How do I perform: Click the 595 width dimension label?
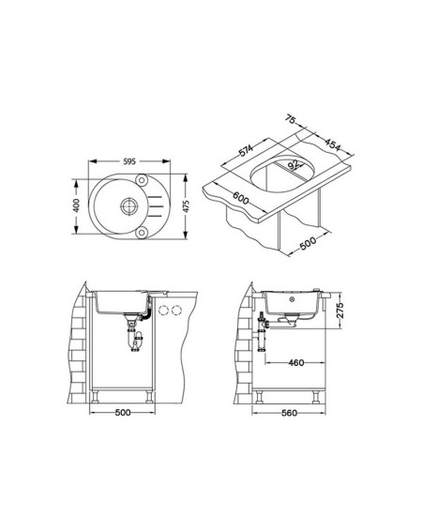click(129, 161)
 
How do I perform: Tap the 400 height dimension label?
click(76, 205)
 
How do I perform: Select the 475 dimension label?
click(186, 206)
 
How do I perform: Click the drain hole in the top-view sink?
click(129, 205)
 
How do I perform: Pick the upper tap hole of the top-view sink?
click(141, 179)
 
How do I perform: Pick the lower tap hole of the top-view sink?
click(141, 233)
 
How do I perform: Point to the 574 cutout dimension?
click(246, 151)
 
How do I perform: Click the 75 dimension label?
click(291, 119)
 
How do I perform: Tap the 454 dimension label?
click(332, 144)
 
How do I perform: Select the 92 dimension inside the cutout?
click(294, 165)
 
